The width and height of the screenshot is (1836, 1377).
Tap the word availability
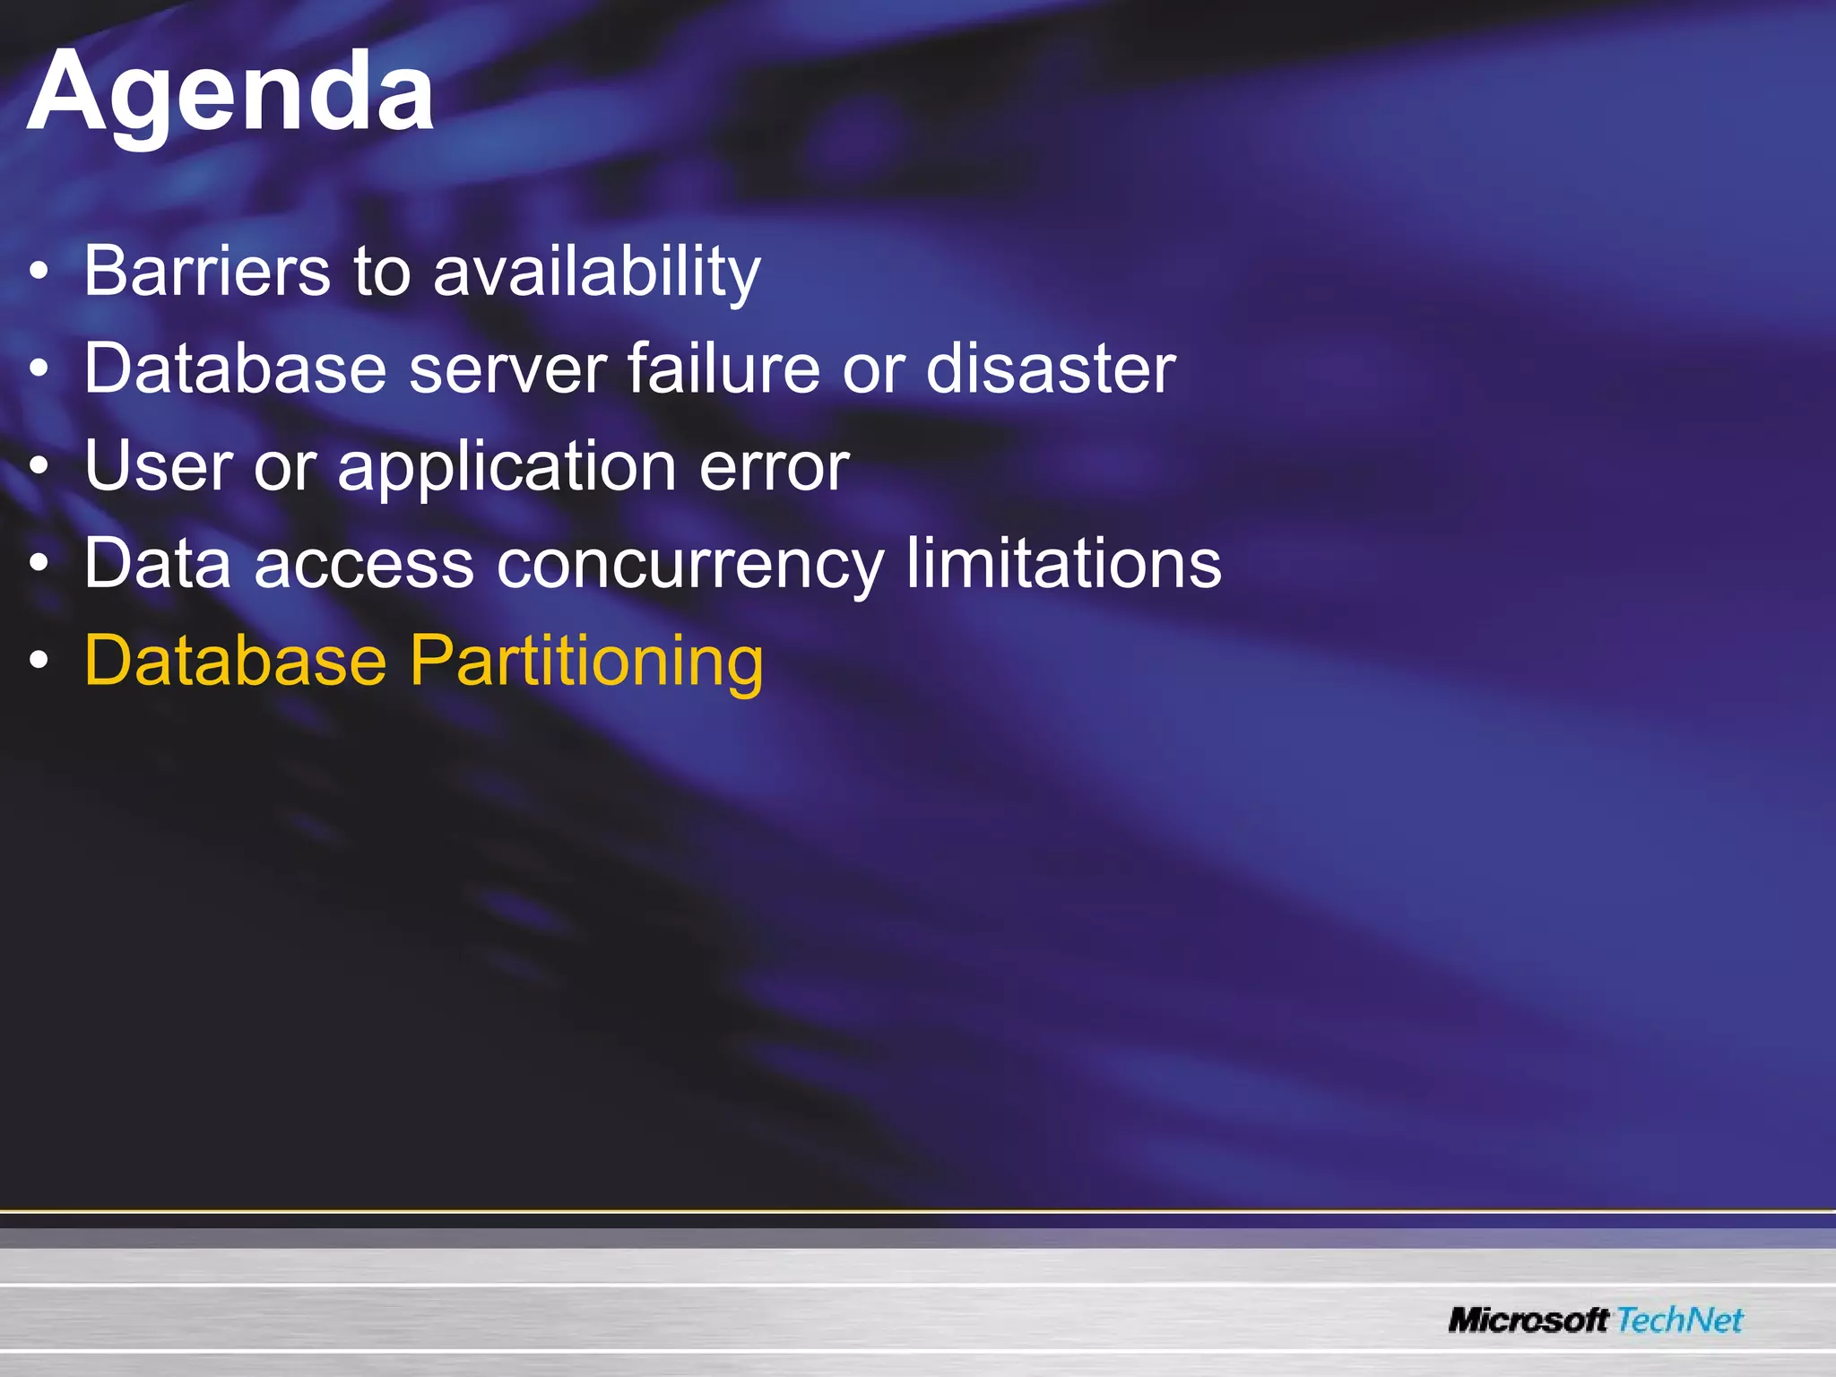(597, 273)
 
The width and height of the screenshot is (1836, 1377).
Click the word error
(774, 468)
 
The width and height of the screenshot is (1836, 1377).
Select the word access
(364, 564)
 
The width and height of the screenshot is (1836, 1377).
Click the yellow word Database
(235, 661)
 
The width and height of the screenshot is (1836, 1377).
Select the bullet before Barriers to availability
(39, 272)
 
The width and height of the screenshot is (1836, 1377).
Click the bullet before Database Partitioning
(39, 662)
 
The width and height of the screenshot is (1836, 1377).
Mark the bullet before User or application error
(39, 466)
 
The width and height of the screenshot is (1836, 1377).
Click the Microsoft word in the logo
(1529, 1320)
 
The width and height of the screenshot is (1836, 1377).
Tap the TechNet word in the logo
(1680, 1320)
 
